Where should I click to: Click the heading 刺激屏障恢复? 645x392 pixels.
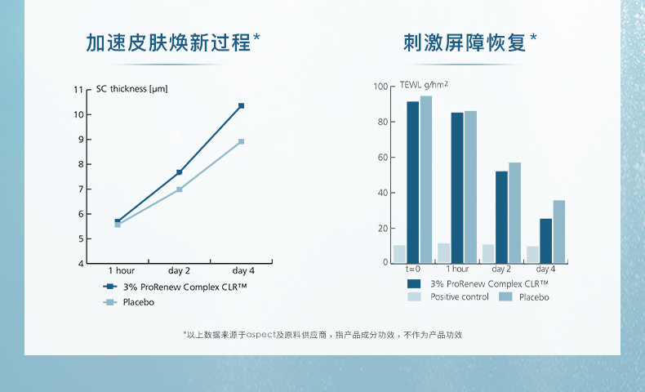pos(464,42)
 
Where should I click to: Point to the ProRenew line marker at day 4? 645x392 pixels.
pos(242,106)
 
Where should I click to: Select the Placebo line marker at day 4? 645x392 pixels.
pos(242,142)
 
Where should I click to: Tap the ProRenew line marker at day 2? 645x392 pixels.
pos(180,172)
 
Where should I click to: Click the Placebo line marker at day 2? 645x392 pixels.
pos(180,189)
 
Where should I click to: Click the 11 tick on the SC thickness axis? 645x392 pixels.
pos(78,90)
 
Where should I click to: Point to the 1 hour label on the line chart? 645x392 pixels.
pos(122,270)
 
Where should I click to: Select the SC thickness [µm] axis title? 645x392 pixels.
pos(131,89)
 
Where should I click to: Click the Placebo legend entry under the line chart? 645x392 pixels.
pos(138,302)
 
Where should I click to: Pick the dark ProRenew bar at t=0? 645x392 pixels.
pos(413,181)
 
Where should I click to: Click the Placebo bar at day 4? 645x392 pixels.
pos(558,231)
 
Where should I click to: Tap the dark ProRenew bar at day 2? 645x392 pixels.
pos(501,216)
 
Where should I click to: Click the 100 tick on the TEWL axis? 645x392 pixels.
pos(380,87)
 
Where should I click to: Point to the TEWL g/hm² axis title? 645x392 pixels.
pos(425,85)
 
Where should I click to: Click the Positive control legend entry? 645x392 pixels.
pos(459,297)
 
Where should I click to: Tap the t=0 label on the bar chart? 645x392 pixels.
pos(412,269)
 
